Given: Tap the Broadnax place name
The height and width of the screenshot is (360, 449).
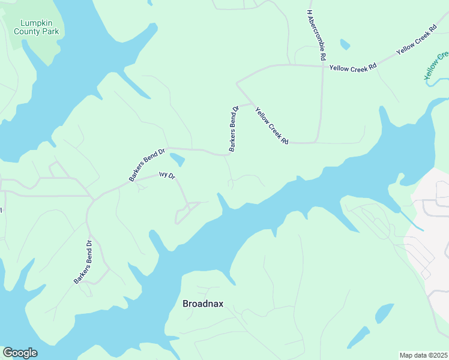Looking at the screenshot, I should [203, 304].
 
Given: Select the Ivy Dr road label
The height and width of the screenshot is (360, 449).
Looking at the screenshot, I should [166, 176].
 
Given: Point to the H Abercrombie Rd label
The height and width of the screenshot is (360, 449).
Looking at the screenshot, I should [316, 35].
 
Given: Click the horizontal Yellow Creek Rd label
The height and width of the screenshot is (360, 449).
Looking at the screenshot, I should [353, 67].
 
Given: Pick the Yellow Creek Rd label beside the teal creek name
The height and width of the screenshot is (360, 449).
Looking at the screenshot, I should [415, 41].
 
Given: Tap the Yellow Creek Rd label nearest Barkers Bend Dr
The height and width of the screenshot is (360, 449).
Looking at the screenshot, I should [272, 125].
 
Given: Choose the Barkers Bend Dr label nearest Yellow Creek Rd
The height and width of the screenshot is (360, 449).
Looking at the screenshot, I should [234, 128].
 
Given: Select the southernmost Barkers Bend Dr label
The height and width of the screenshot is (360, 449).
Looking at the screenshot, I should [82, 262].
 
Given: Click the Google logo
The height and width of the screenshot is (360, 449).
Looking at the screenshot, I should [20, 353].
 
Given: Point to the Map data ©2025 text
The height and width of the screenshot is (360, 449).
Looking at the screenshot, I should [423, 355].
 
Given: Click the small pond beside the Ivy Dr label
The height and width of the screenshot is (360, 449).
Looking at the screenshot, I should [177, 160].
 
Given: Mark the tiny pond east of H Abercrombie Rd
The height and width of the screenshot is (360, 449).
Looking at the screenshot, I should [345, 44].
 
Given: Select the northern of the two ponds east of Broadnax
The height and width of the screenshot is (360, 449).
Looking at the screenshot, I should [384, 313].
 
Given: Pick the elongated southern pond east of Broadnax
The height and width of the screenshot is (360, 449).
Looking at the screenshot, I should [358, 337].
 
